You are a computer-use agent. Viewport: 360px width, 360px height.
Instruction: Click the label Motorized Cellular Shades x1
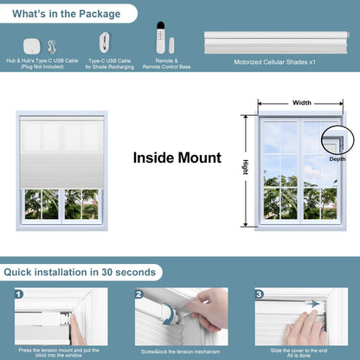(275, 62)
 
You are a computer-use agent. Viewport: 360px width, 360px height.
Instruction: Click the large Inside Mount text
(177, 158)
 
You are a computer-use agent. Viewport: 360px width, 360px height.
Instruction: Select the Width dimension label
(301, 103)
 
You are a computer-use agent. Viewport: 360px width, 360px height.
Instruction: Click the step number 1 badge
(18, 294)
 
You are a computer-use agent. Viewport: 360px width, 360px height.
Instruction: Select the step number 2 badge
(138, 294)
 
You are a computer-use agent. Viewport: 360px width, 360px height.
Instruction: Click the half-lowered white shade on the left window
(61, 151)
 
